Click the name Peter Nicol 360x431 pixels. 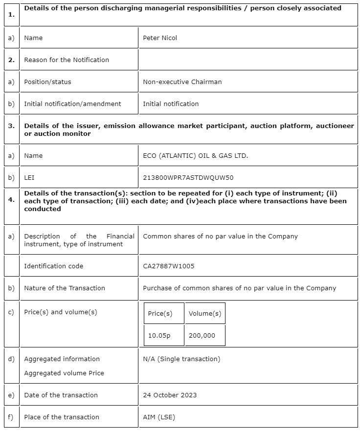pos(160,38)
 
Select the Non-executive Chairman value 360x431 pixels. pos(182,82)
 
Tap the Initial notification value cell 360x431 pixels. pos(171,104)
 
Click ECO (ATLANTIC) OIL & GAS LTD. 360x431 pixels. pos(195,155)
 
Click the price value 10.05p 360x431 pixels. pos(159,335)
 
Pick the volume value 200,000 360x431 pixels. pos(202,335)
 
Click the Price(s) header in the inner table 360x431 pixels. pos(160,313)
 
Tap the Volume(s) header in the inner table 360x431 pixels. pos(205,313)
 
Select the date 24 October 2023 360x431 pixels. pos(170,395)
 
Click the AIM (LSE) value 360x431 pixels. pos(159,417)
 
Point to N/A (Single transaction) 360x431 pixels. pos(181,359)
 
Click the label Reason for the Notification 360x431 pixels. pos(67,60)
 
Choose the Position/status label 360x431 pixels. pos(47,82)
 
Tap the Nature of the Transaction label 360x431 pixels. pos(65,288)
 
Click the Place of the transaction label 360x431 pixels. pos(62,417)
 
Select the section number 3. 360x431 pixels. pos(11,126)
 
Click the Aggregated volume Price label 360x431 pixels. pos(64,373)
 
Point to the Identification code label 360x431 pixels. pos(53,266)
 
